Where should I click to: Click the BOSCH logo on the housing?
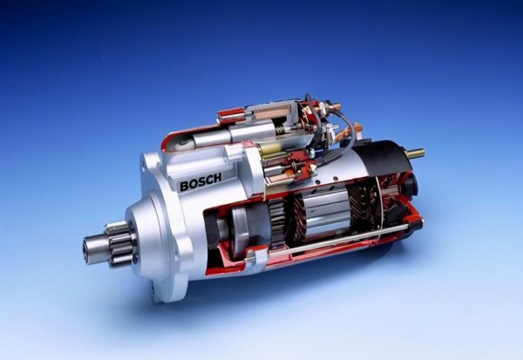(200, 181)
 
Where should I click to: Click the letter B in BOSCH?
(184, 187)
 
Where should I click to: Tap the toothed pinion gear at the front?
(119, 243)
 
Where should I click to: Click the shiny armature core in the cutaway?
(325, 213)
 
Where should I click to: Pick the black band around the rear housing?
(384, 158)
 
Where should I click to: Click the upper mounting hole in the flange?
(145, 166)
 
